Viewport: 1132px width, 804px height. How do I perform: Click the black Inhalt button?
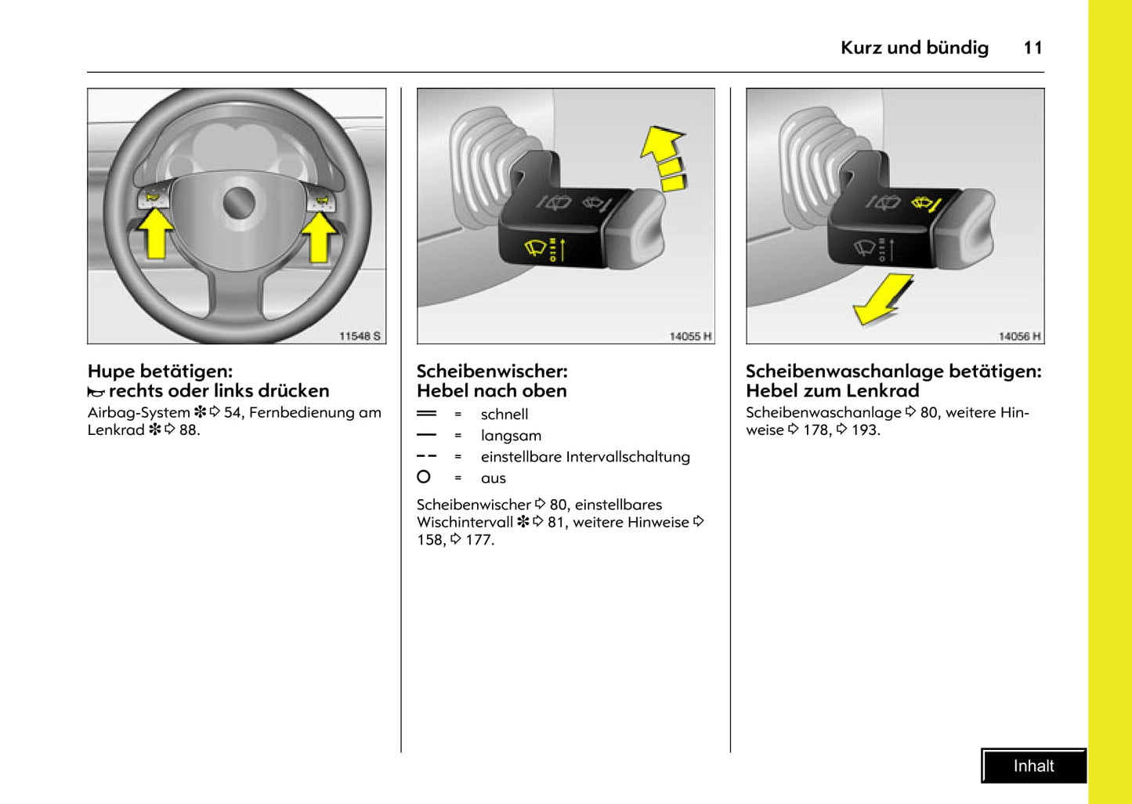point(1033,766)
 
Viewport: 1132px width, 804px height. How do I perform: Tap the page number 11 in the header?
point(1033,48)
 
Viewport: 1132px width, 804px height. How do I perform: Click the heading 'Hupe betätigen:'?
point(160,371)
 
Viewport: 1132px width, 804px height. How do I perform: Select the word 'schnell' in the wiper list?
point(504,414)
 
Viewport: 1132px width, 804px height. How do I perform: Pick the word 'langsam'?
point(511,435)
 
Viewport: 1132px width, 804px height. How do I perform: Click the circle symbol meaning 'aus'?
point(424,476)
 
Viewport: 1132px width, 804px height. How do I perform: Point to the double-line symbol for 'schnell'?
point(426,413)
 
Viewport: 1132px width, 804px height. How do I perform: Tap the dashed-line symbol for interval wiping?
point(426,455)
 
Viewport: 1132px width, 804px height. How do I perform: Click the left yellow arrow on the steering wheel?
point(157,235)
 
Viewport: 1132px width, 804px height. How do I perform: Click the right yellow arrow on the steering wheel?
point(319,237)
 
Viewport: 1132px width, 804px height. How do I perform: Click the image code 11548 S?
point(360,335)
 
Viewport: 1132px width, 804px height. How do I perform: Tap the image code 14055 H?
point(690,336)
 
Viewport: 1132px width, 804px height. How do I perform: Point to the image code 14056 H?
point(1019,336)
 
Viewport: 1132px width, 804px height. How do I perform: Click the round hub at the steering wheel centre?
point(239,203)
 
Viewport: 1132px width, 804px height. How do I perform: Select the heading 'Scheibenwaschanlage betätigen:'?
point(893,371)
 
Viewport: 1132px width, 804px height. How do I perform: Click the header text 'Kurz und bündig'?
point(914,48)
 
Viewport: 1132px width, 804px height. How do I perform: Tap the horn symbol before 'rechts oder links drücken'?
point(96,392)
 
